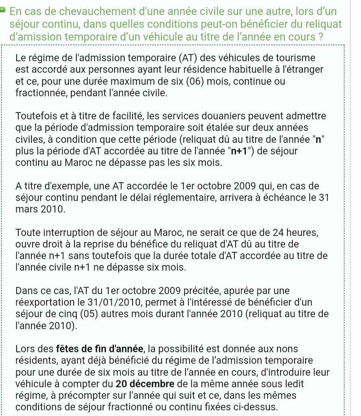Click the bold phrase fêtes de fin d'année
point(100,350)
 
